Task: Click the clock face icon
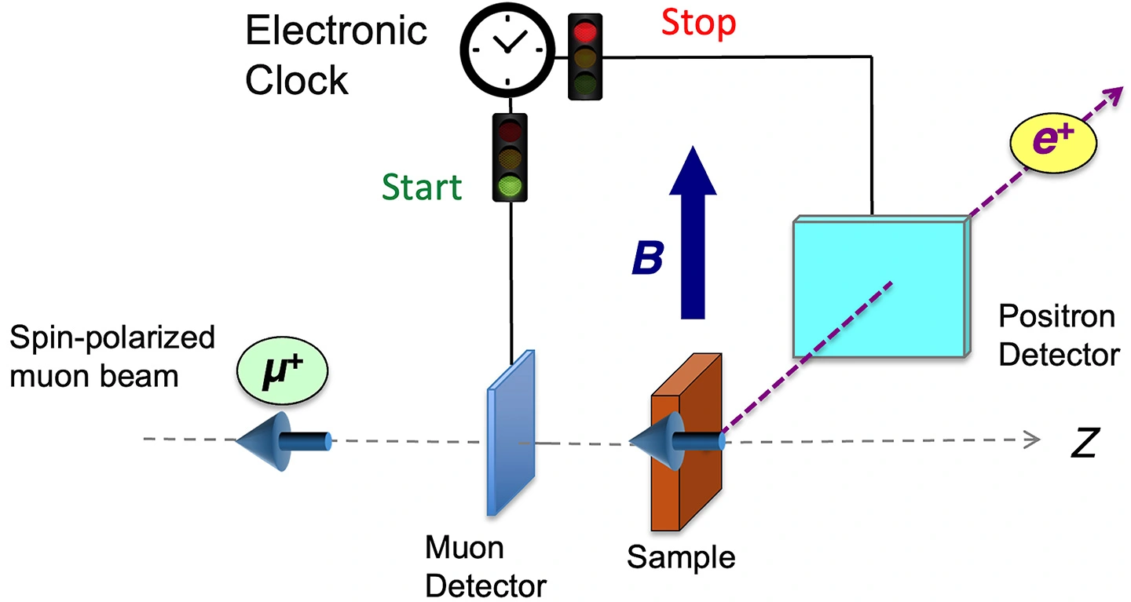pos(507,47)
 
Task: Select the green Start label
pos(422,188)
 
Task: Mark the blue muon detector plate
pos(511,432)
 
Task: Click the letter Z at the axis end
pos(1084,444)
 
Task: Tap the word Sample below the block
pos(680,557)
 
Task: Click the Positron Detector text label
pos(1057,336)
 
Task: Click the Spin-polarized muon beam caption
pos(110,357)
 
